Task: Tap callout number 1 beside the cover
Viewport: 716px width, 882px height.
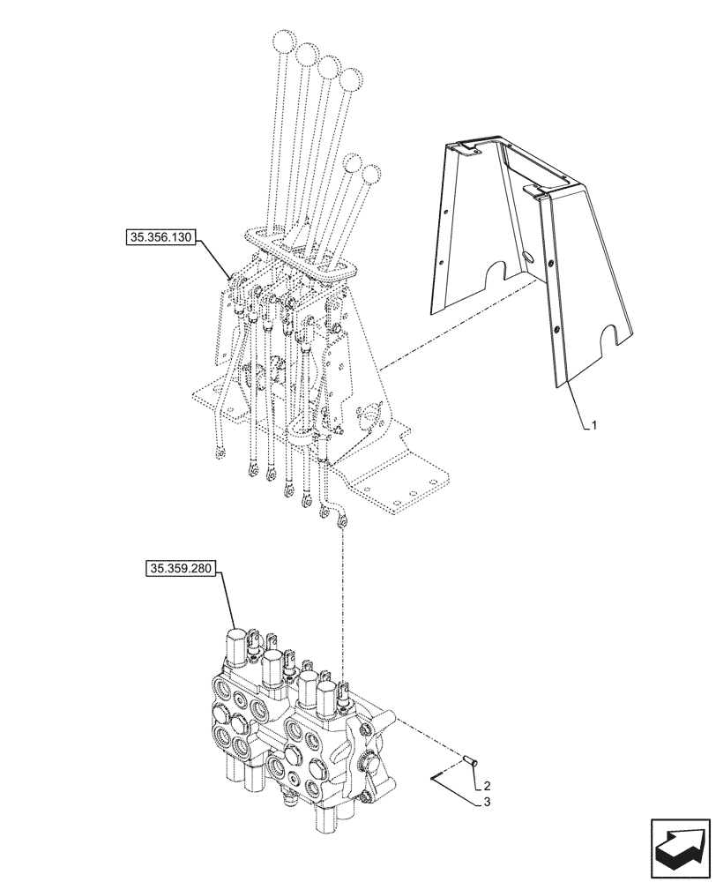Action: [595, 425]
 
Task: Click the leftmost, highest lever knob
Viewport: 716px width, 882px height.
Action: [284, 41]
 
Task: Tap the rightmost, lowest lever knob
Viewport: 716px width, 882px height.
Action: [371, 174]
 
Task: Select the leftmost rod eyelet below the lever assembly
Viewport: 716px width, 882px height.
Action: [220, 453]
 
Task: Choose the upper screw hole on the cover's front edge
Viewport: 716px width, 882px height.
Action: [551, 265]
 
